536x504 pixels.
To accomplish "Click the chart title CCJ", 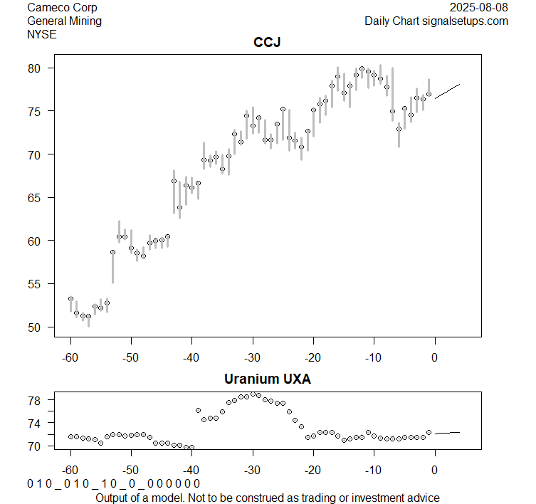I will coord(267,43).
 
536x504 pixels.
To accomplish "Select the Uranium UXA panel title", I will coord(267,379).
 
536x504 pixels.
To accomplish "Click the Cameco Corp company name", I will coord(63,8).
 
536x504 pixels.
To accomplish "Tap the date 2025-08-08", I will coord(480,8).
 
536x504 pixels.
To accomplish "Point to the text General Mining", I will coord(64,21).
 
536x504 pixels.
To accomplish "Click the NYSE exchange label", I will coord(41,33).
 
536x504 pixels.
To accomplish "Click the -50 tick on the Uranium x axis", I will coord(131,470).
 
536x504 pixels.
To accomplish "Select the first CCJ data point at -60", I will coord(70,299).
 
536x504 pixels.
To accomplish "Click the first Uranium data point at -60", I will coord(70,436).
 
